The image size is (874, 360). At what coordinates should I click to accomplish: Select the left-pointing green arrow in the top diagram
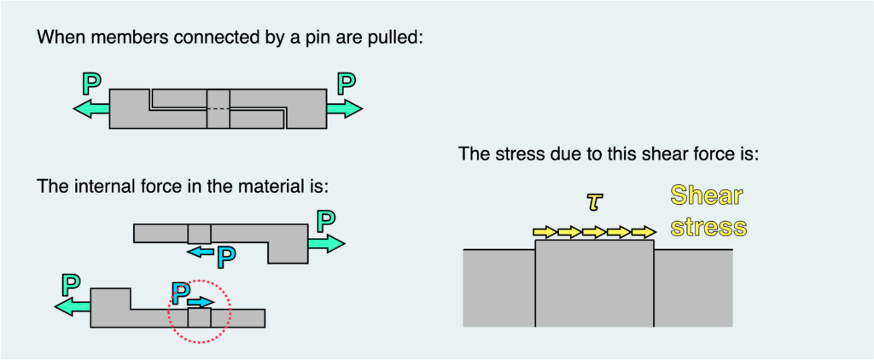[90, 108]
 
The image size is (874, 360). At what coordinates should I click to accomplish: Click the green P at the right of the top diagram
[346, 84]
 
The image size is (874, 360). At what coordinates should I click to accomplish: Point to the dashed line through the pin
[218, 108]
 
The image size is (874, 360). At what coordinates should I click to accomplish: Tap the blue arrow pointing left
[201, 252]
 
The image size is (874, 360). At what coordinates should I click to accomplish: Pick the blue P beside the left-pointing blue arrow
[225, 254]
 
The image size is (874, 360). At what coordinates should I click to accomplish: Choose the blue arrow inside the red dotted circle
[201, 302]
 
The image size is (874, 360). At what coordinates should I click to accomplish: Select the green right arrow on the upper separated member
[326, 244]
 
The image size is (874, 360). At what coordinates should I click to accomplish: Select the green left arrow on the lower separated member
[72, 307]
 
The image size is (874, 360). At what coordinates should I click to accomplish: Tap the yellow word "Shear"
[706, 196]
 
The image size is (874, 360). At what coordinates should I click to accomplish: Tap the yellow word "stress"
[708, 227]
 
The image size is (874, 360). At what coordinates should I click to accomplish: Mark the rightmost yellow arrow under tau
[644, 231]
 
